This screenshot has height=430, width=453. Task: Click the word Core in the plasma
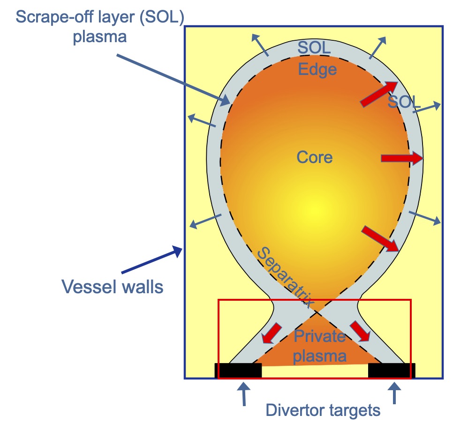coord(314,157)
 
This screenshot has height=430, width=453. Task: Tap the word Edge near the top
coord(317,69)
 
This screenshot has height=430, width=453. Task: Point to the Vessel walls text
coord(113,286)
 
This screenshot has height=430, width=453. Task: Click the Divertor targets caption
coord(323,411)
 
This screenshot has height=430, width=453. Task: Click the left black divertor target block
coord(238,370)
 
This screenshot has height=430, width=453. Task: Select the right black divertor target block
coord(392,370)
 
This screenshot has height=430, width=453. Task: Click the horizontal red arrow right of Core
coord(401,159)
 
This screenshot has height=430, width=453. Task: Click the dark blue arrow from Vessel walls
coord(151,260)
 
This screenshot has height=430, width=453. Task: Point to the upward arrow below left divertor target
coord(243,394)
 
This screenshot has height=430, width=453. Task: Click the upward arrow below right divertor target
coord(394,394)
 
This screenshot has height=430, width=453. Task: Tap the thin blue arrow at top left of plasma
coord(260,45)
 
